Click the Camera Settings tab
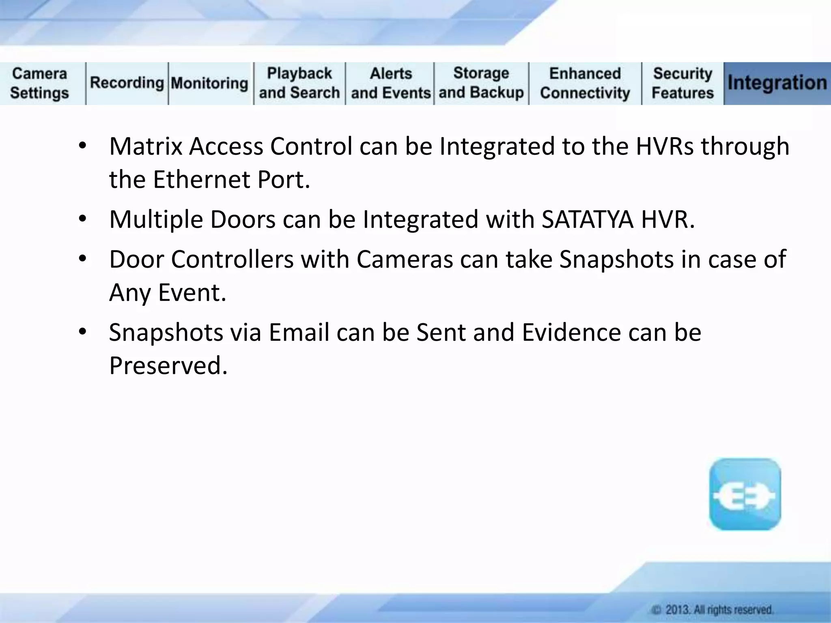pyautogui.click(x=40, y=84)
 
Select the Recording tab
pyautogui.click(x=127, y=83)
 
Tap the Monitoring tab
pyautogui.click(x=209, y=84)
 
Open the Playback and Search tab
pyautogui.click(x=299, y=84)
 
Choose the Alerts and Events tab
pyautogui.click(x=391, y=84)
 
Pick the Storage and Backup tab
pyautogui.click(x=481, y=83)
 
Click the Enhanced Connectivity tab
pyautogui.click(x=585, y=84)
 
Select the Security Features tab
pyautogui.click(x=682, y=84)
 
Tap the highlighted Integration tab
pyautogui.click(x=777, y=83)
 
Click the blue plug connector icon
pyautogui.click(x=745, y=494)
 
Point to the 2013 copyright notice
pyautogui.click(x=713, y=610)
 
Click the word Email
pyautogui.click(x=299, y=333)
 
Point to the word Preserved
pyautogui.click(x=168, y=366)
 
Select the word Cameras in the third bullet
pyautogui.click(x=405, y=260)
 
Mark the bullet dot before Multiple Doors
pyautogui.click(x=83, y=219)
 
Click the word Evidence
pyautogui.click(x=571, y=333)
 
